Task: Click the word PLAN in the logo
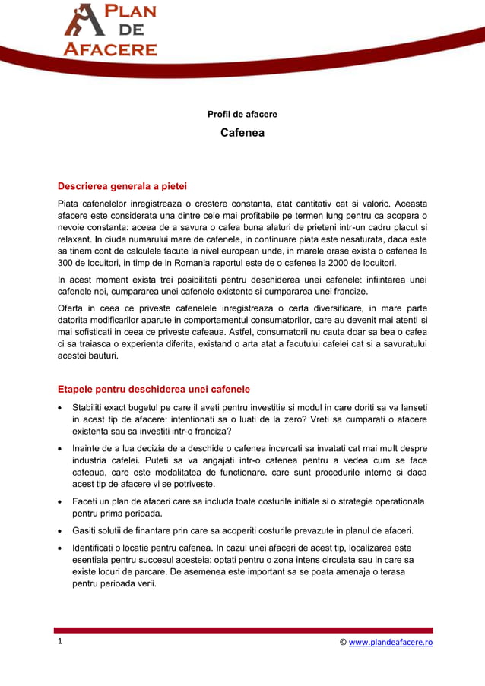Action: point(130,13)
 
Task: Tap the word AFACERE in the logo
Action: point(110,49)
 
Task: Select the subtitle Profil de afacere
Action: point(242,115)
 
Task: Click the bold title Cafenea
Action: point(242,133)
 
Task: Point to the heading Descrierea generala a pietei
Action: point(122,186)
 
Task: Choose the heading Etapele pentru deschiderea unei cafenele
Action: point(154,390)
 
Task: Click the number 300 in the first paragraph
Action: point(67,263)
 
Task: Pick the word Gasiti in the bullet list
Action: point(86,530)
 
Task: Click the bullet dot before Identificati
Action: point(61,548)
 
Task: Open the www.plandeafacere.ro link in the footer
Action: point(391,642)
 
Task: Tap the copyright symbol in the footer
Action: point(343,642)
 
